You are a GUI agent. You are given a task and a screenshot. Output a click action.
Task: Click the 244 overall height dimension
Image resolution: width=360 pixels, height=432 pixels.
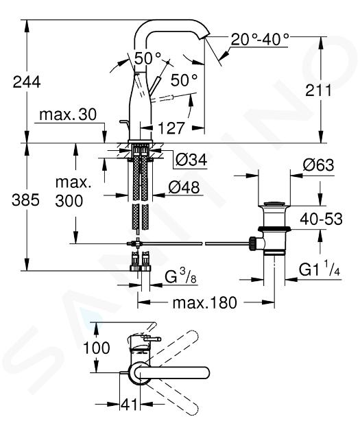coord(27,82)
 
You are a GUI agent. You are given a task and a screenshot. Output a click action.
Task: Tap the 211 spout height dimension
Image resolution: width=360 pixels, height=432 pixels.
coord(318,90)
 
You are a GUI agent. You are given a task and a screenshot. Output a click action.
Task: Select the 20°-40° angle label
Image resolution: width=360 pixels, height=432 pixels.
coord(260,39)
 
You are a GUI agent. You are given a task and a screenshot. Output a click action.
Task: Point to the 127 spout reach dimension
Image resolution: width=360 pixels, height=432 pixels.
coord(171,128)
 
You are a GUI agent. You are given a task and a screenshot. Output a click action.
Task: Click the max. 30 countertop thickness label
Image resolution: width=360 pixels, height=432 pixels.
coord(68,115)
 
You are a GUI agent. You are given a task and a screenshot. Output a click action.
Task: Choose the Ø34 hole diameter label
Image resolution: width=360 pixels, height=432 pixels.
coord(191,160)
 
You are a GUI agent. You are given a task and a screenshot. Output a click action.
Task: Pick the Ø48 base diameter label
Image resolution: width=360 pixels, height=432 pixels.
coord(184,188)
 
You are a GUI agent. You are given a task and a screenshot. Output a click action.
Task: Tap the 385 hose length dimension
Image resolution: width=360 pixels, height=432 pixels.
coord(25,200)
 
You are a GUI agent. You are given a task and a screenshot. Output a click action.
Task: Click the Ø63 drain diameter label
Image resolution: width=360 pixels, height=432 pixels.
coord(318,165)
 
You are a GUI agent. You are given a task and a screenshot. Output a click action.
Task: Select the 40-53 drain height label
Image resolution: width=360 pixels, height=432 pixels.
coord(321,219)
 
